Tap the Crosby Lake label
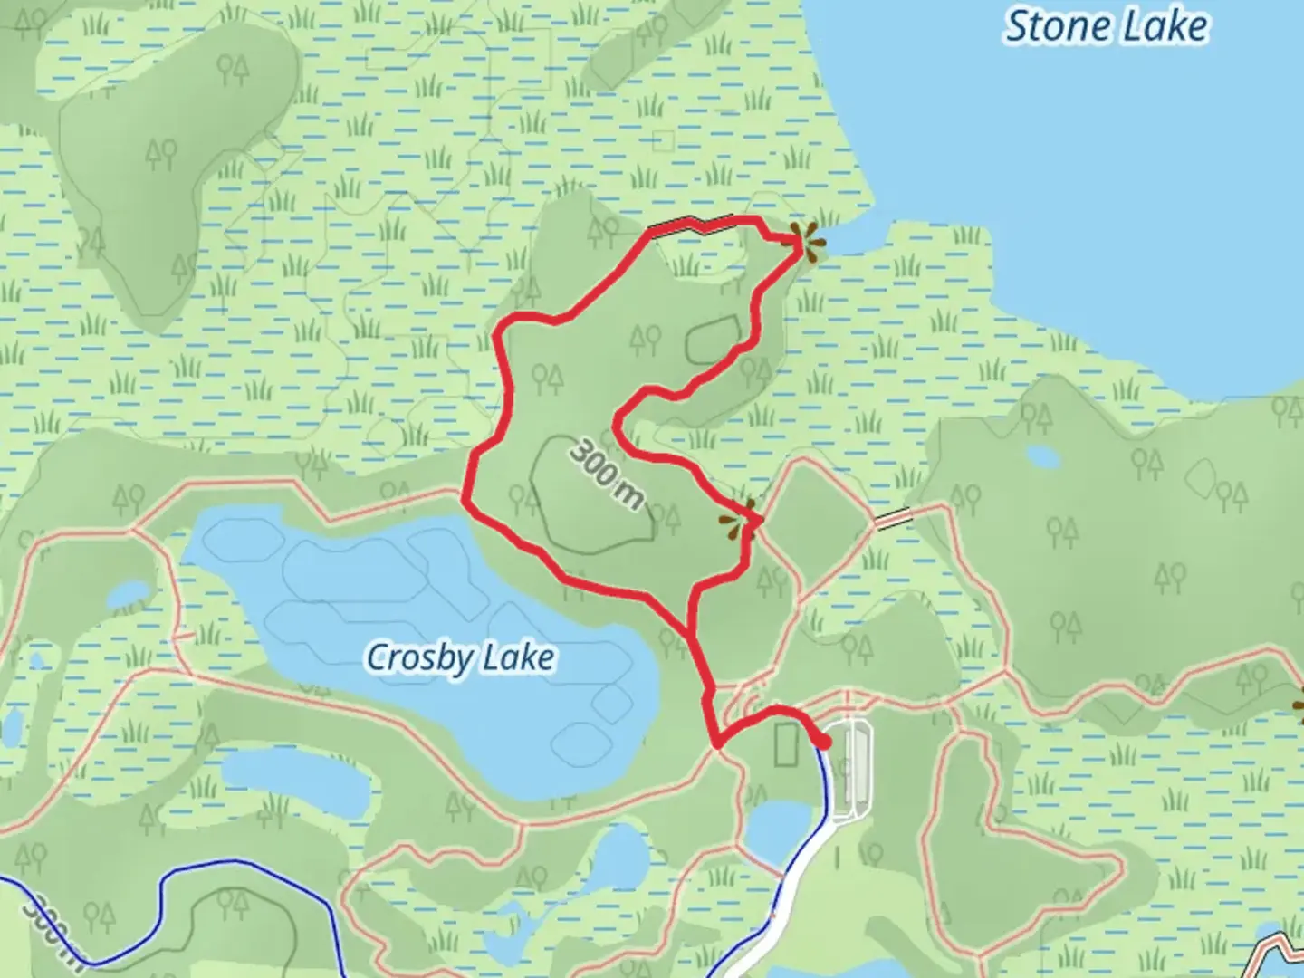pos(460,657)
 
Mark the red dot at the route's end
pos(823,743)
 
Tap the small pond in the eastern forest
pos(1043,456)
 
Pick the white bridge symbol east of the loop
pos(893,518)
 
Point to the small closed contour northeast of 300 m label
pos(714,340)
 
